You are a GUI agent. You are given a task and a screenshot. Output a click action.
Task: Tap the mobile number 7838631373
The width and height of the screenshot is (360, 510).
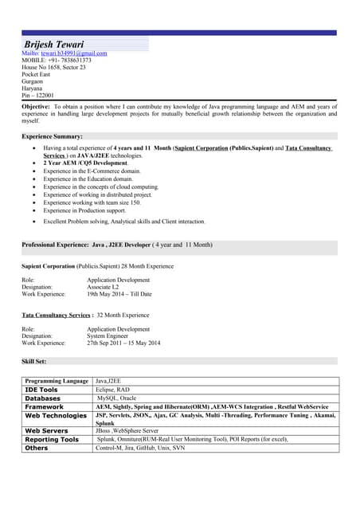[72, 61]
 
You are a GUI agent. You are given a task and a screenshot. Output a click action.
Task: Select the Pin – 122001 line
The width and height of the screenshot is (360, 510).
[37, 96]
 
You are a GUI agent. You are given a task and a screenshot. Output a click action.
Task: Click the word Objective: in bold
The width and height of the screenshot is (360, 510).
[36, 106]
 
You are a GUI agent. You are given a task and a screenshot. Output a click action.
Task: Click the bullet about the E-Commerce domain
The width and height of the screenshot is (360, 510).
[92, 171]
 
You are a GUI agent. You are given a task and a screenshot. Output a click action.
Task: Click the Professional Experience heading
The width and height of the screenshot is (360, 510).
[116, 244]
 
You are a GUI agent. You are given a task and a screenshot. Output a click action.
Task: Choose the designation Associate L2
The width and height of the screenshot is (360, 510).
[109, 287]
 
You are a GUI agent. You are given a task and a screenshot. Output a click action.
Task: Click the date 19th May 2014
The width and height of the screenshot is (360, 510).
[108, 294]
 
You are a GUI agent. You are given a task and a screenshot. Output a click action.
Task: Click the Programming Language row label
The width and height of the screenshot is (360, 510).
[57, 382]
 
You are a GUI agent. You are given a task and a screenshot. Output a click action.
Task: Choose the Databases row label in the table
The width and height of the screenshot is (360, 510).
[43, 398]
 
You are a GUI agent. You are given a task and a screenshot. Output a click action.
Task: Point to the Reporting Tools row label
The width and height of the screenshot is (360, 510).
[52, 440]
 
